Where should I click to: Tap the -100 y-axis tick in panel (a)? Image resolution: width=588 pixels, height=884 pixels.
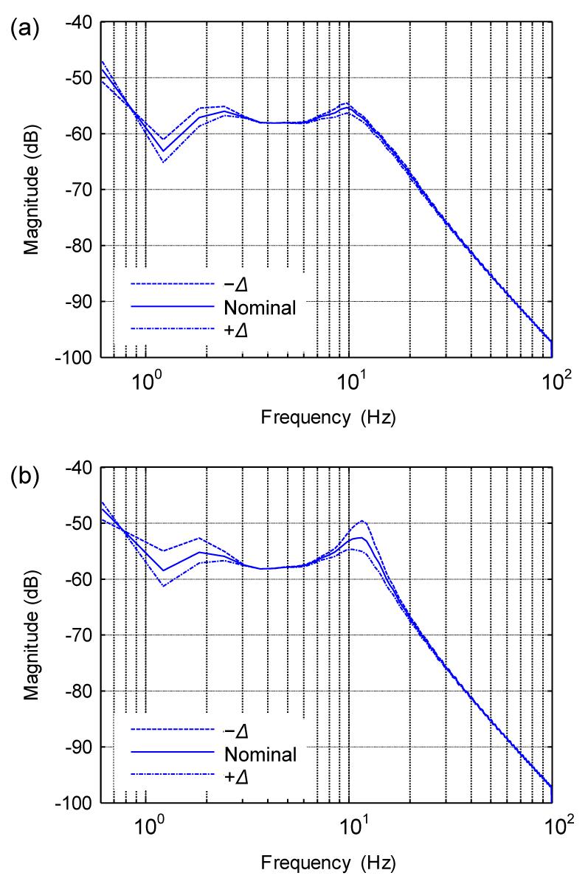coord(78,357)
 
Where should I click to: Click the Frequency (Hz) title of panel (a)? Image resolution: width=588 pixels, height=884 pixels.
coord(328,418)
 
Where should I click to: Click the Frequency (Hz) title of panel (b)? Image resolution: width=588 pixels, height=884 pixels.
coord(328,862)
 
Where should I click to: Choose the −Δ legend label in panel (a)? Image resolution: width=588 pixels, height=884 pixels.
coord(236,284)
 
